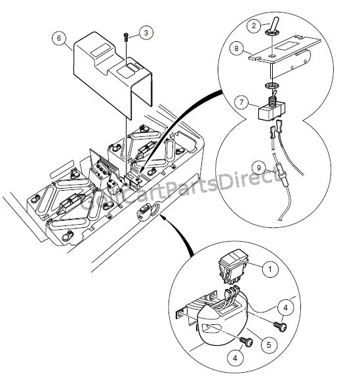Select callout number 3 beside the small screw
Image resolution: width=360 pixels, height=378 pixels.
(147, 32)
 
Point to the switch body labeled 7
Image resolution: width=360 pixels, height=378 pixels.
(268, 108)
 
